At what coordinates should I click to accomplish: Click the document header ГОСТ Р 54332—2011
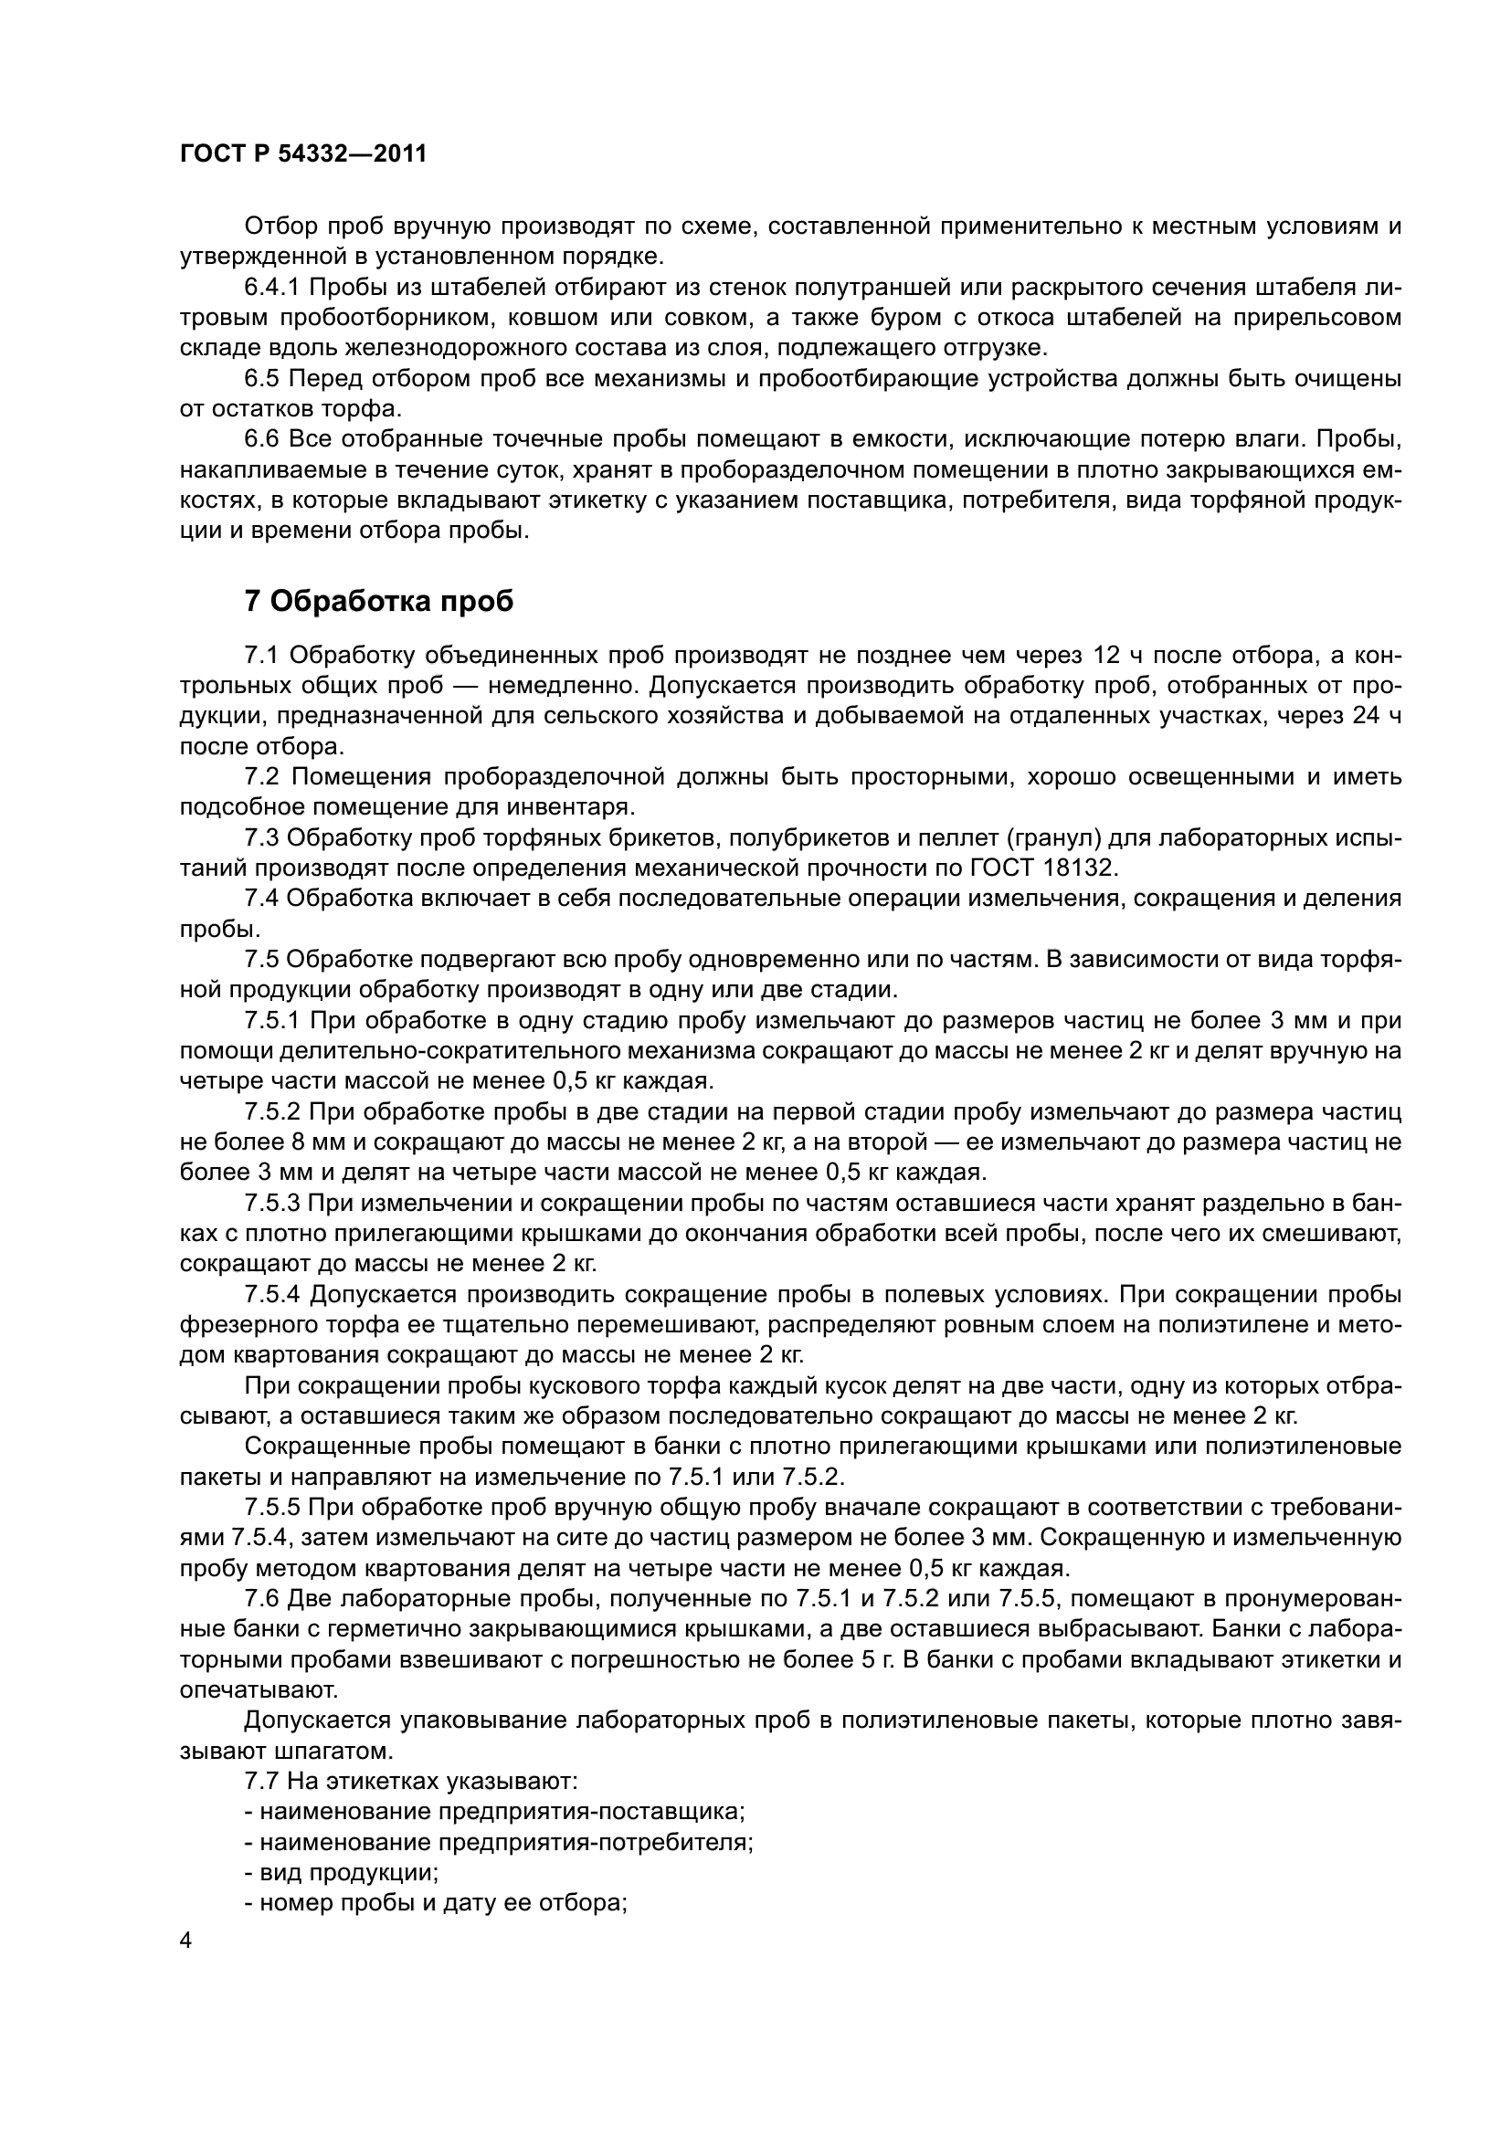[302, 154]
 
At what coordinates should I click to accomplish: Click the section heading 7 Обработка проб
[379, 602]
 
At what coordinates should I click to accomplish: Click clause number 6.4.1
[272, 288]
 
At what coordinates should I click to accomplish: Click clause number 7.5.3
[272, 1204]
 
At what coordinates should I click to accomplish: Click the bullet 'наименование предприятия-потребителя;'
[499, 1814]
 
